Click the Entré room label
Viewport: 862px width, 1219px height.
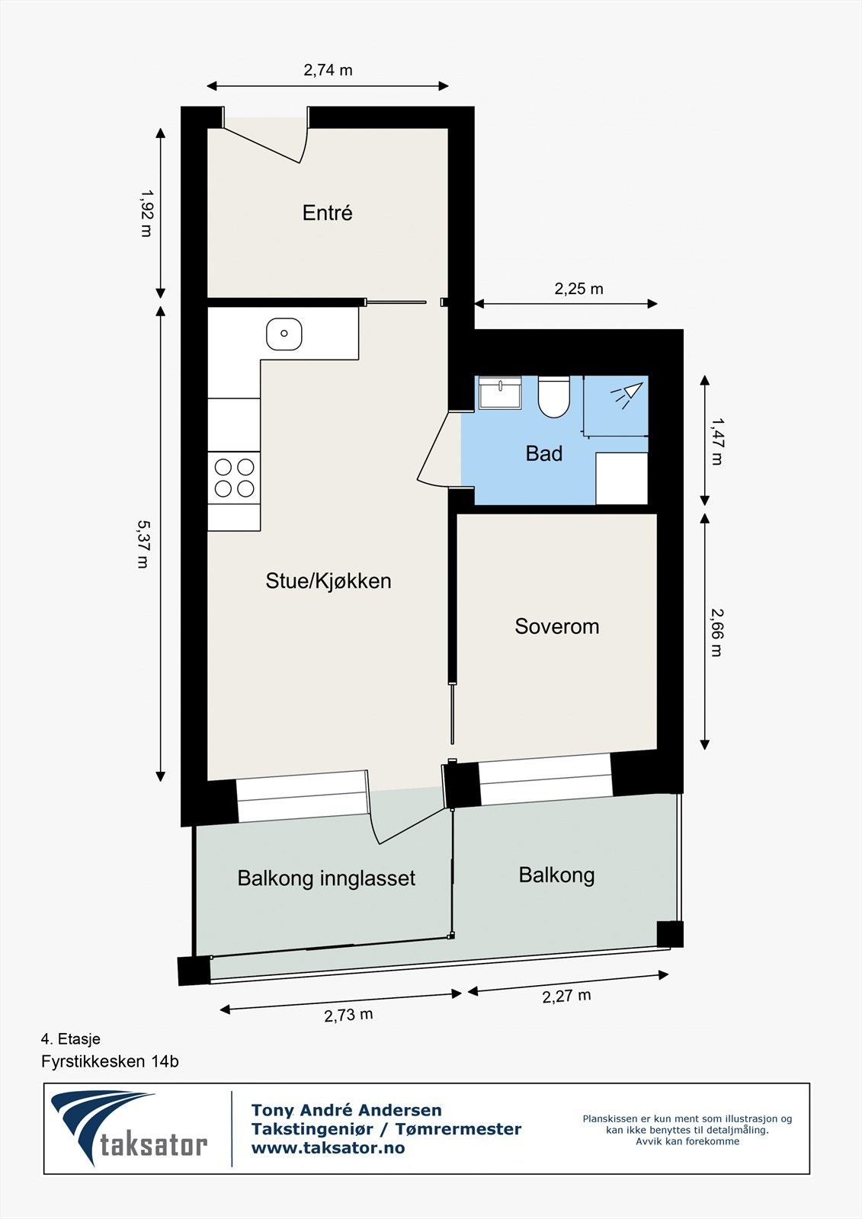327,213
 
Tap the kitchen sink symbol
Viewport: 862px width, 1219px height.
284,334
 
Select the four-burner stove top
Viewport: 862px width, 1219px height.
234,478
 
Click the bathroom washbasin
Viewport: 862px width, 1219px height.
500,392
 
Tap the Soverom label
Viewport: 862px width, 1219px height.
556,626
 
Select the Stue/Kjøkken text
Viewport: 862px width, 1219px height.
328,581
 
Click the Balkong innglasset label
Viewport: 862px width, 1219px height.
326,878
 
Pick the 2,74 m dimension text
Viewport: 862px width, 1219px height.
328,70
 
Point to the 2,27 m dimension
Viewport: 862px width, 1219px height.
566,996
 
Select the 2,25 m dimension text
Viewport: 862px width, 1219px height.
578,289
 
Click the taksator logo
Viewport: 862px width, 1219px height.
130,1128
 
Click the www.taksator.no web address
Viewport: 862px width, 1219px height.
328,1147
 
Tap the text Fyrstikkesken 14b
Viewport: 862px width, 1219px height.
110,1061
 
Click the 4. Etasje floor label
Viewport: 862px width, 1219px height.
71,1038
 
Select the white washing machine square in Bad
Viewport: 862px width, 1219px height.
621,478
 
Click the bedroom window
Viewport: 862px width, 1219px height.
545,779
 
